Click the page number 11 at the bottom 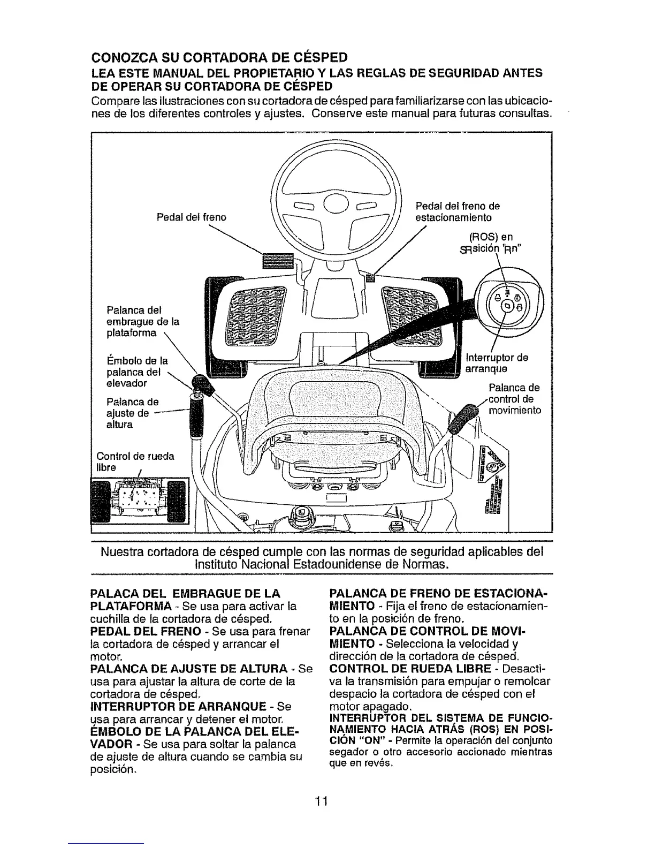[321, 801]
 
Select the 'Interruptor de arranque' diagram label [497, 363]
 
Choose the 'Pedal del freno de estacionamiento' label [458, 212]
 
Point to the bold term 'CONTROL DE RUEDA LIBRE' [410, 669]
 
